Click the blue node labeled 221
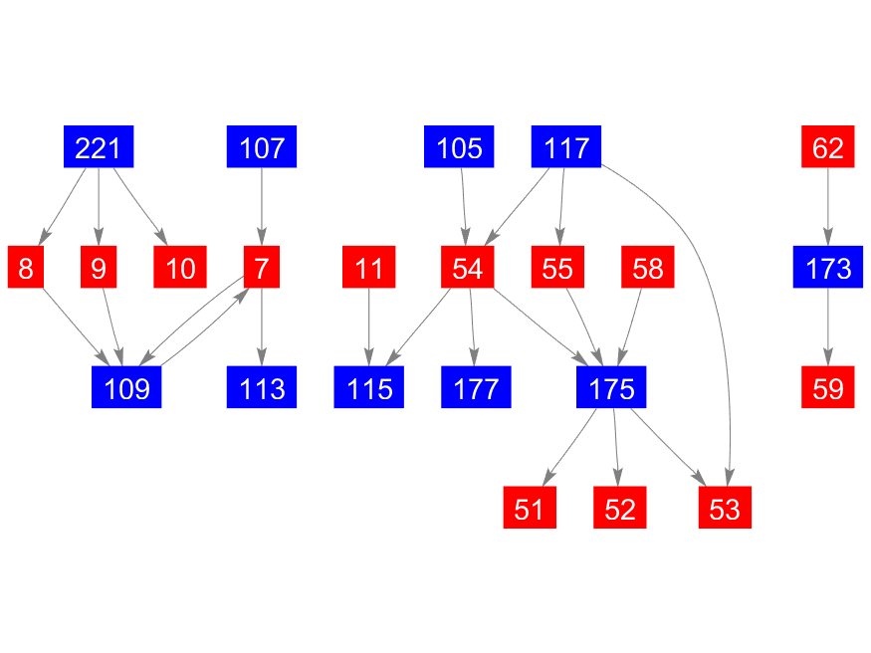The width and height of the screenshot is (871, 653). coord(99,146)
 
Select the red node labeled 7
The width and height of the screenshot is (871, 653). coord(262,267)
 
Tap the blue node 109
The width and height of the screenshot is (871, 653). coord(126,387)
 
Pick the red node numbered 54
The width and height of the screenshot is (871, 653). coord(467,267)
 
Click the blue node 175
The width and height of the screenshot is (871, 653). coord(611,387)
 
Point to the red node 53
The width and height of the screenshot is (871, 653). coord(725,508)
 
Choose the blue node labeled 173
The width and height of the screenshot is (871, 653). coord(827,267)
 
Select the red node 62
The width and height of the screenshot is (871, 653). coord(827,146)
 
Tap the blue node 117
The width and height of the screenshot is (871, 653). coord(566,146)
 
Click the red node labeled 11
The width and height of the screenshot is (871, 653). coord(369,267)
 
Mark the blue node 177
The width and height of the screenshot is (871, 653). coord(476,387)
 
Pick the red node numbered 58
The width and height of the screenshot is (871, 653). coord(648,267)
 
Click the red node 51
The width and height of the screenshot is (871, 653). coord(530,508)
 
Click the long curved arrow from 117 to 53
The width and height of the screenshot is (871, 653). coord(705,267)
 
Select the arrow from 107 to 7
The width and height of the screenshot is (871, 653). coord(262,207)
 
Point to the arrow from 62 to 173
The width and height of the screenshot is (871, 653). coord(827,207)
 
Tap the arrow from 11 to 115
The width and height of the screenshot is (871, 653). coord(369,327)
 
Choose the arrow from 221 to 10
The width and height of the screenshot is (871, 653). coord(141,207)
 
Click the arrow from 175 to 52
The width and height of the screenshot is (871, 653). coord(616,447)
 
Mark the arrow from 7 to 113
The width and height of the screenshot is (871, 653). coord(262,327)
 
